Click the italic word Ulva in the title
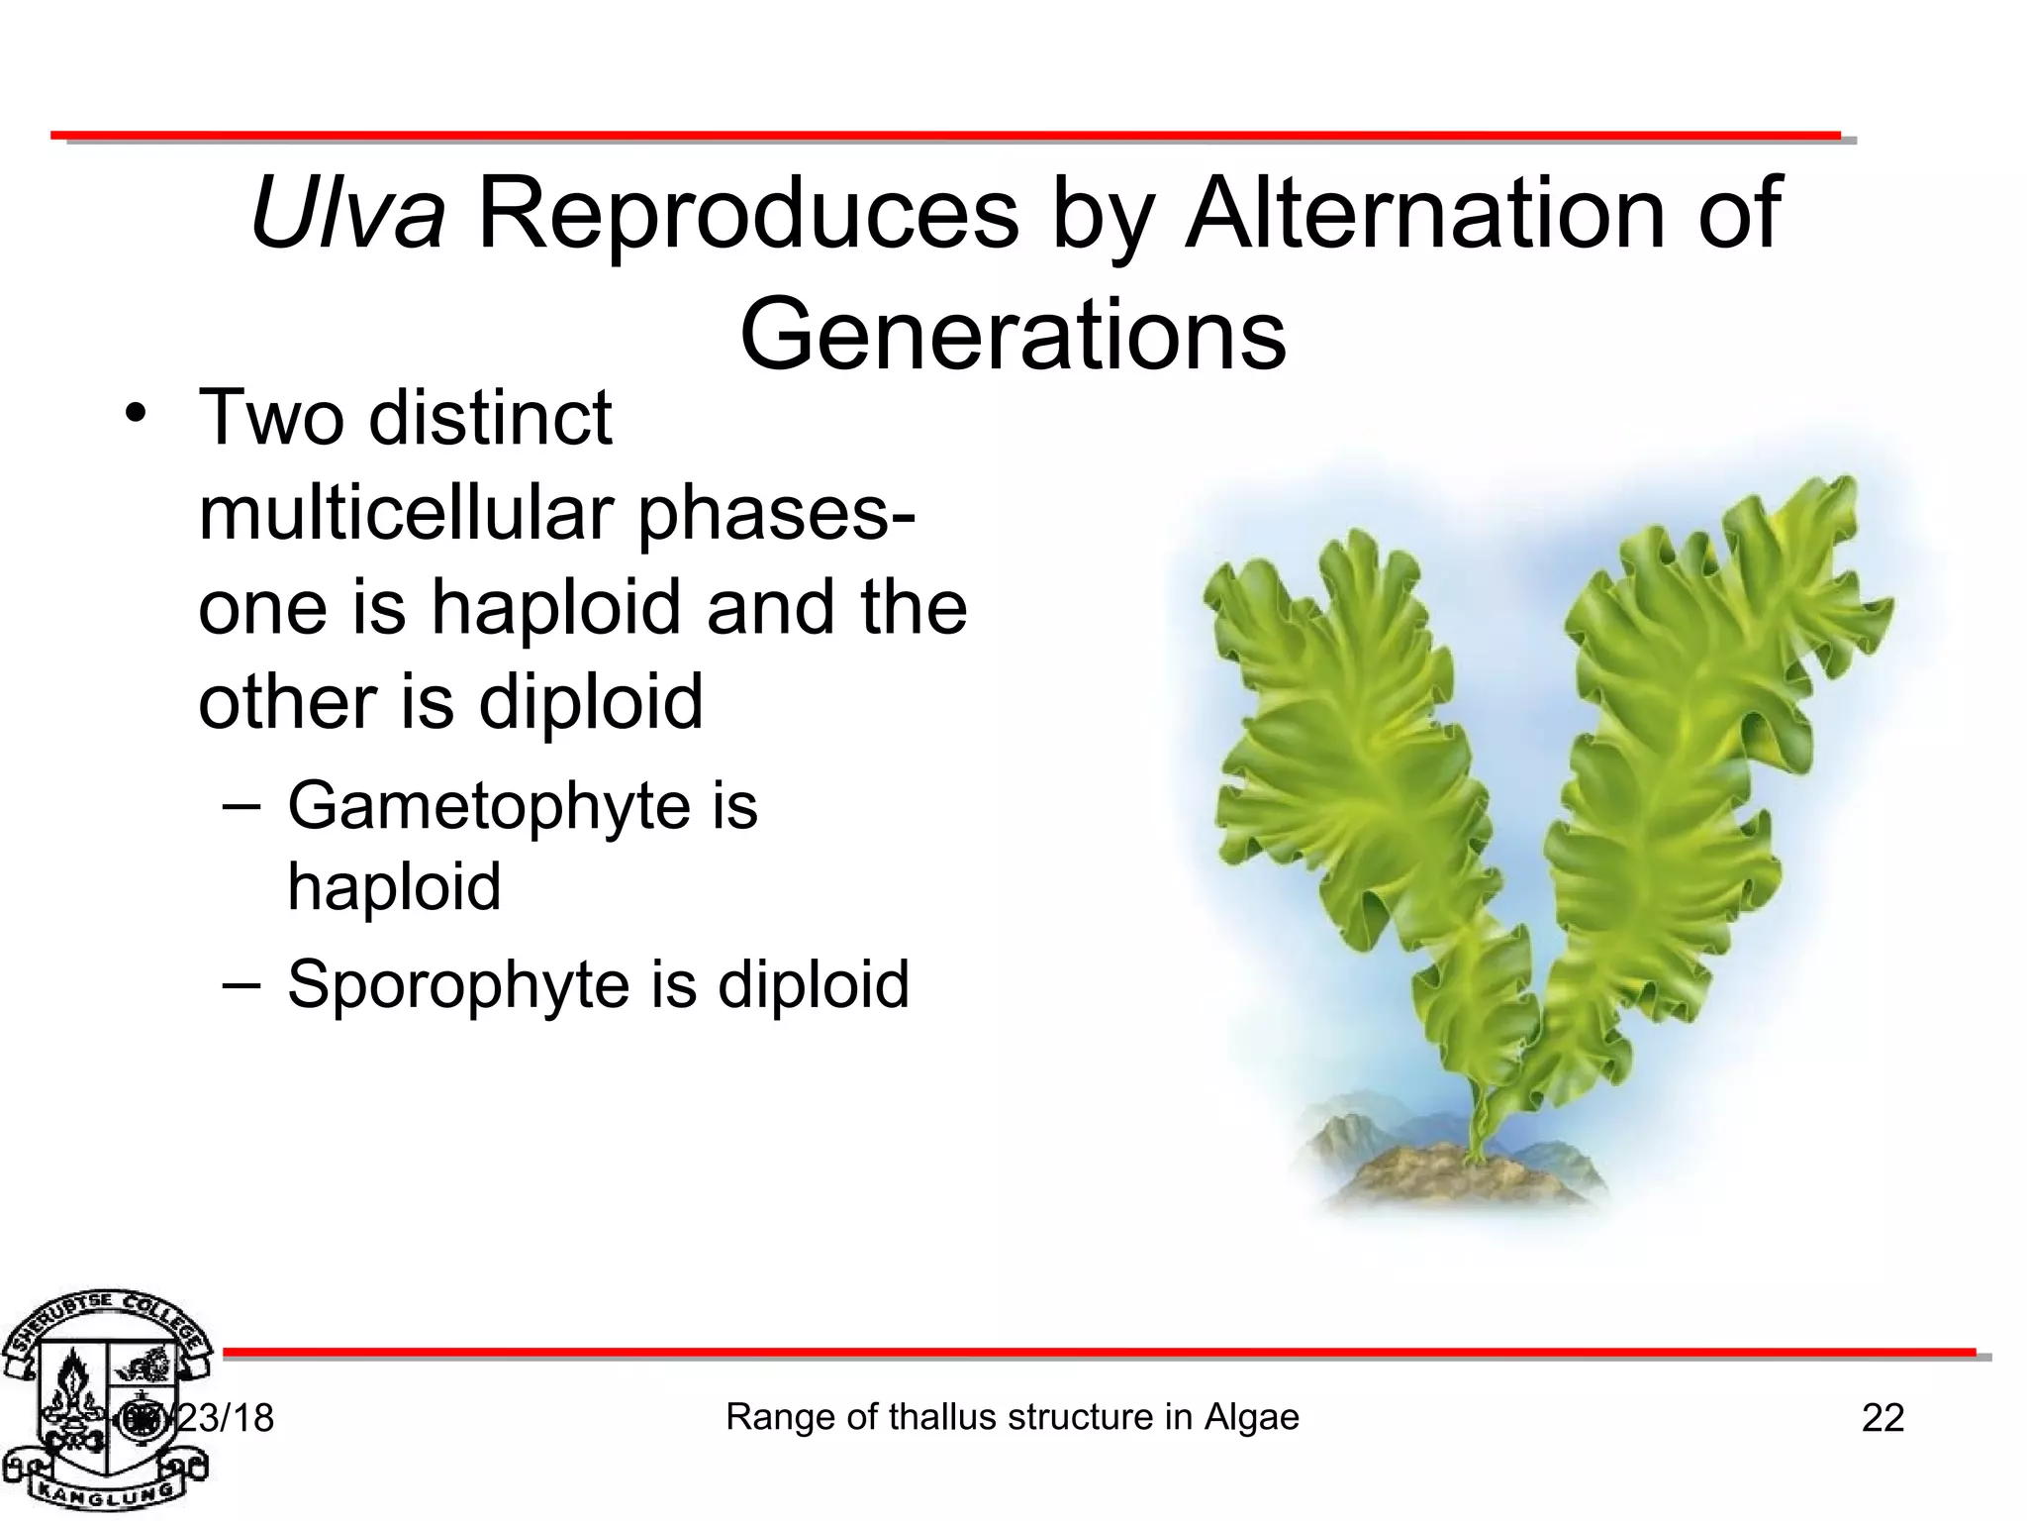(347, 213)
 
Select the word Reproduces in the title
(748, 213)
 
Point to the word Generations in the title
(1013, 335)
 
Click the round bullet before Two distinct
(136, 414)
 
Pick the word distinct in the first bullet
(491, 418)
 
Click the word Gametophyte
(489, 806)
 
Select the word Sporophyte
(458, 984)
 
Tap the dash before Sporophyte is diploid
(241, 984)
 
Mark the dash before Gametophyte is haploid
(241, 806)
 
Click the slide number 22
(1882, 1418)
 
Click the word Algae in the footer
(1251, 1417)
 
